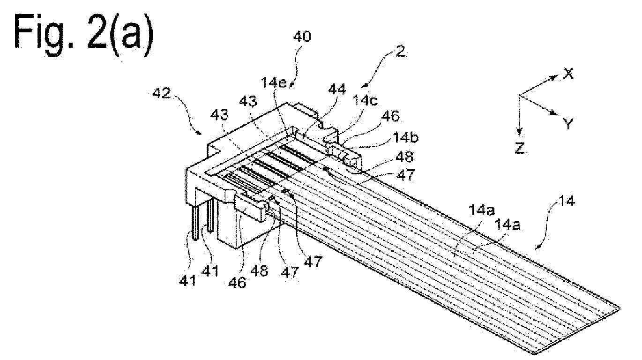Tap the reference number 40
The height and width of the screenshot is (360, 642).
click(302, 37)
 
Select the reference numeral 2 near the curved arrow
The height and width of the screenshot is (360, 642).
click(400, 52)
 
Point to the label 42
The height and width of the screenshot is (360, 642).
click(161, 93)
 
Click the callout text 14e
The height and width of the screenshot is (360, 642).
click(274, 83)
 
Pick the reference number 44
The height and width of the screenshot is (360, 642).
click(337, 90)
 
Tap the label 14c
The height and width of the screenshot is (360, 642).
click(365, 100)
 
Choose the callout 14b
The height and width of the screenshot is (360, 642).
click(405, 138)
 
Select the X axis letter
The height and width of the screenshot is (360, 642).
click(568, 74)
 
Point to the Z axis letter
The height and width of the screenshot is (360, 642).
click(520, 148)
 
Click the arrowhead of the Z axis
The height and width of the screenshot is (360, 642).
click(519, 133)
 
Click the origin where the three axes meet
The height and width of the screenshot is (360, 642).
click(519, 95)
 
